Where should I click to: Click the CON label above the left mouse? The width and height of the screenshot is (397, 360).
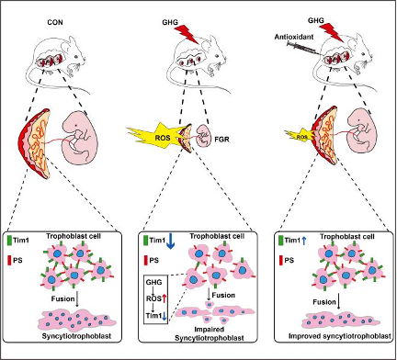(x=55, y=22)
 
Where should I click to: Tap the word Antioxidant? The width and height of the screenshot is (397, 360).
(x=294, y=37)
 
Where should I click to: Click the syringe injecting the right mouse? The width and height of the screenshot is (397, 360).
(x=304, y=49)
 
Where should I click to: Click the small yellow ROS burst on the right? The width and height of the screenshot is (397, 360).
(x=301, y=137)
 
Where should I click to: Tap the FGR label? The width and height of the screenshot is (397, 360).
(x=221, y=140)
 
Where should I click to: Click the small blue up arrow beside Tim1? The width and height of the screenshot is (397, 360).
(x=303, y=241)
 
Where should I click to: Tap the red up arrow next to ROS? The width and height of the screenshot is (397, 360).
(x=164, y=298)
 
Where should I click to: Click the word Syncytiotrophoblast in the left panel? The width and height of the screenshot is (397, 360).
(x=76, y=336)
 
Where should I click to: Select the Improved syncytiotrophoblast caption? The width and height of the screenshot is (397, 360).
(x=339, y=336)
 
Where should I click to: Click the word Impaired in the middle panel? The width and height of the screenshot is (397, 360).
(x=210, y=330)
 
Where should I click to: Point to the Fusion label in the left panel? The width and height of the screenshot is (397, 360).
(x=62, y=298)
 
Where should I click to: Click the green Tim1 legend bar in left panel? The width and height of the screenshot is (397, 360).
(x=9, y=240)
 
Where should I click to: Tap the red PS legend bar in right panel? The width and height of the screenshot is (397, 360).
(x=280, y=260)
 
